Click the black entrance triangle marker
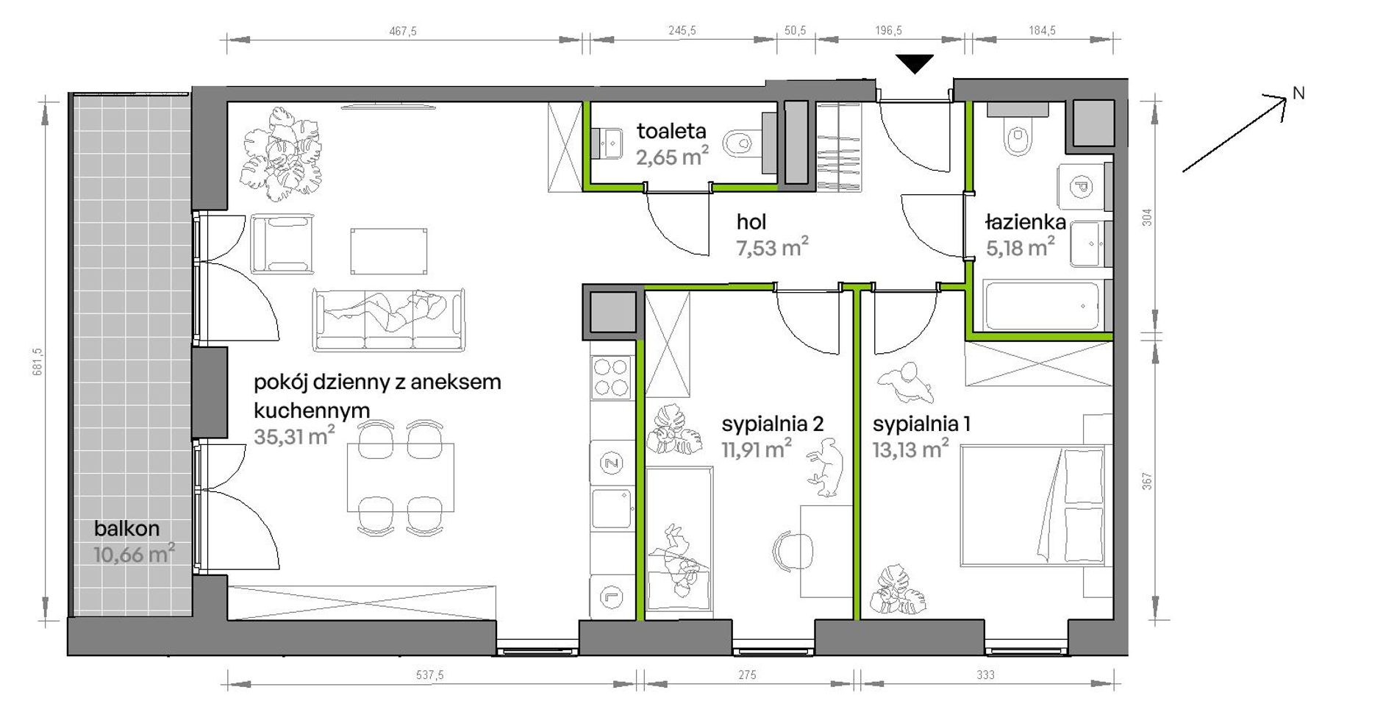tap(915, 64)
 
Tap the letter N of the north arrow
tap(1299, 93)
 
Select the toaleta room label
tap(671, 132)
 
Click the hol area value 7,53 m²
tap(773, 247)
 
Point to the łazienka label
tap(1026, 222)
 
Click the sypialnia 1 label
tap(921, 424)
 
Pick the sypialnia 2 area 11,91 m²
tap(756, 449)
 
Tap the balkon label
tap(126, 528)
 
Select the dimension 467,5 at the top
tap(403, 31)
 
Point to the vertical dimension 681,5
tap(38, 361)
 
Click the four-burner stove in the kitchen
tap(612, 377)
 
